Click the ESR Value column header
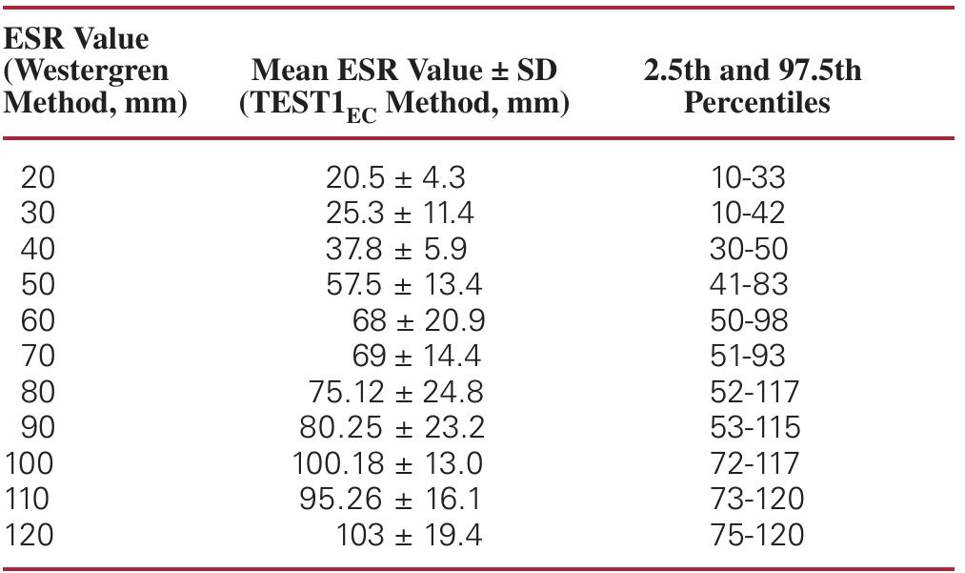coord(76,39)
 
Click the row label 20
coord(37,177)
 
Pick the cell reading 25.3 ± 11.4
coord(399,213)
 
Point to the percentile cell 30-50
coord(749,248)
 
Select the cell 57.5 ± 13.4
coord(404,284)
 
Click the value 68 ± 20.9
coord(416,320)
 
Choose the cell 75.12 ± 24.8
coord(395,392)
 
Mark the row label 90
coord(37,427)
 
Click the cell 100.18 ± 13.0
coord(387,463)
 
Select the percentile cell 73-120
coord(756,499)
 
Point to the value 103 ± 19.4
coord(409,535)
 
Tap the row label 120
coord(30,535)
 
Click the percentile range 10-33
coord(748,177)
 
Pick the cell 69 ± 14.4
coord(416,356)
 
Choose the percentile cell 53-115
coord(754,427)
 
